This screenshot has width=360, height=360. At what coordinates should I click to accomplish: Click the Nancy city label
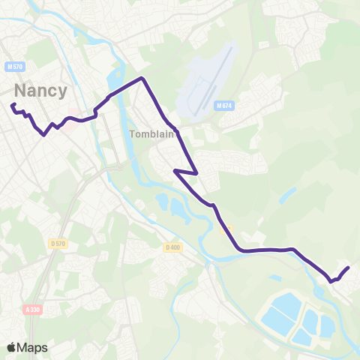coord(40,91)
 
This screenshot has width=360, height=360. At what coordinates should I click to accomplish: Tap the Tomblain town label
coord(151,135)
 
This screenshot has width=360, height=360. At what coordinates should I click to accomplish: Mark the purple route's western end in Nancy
coord(13,105)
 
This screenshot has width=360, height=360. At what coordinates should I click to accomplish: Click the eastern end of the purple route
coord(349,268)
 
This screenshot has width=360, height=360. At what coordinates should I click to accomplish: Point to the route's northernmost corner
coord(141,78)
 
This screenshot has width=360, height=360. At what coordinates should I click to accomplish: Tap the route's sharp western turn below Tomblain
coord(175,171)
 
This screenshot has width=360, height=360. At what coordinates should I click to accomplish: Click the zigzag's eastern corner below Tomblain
coord(196,173)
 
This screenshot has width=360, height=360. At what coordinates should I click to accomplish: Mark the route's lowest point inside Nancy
coord(45,135)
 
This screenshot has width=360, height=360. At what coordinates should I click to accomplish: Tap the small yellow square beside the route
coord(229,229)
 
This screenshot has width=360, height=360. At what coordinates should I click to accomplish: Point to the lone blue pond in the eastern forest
coord(287,195)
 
